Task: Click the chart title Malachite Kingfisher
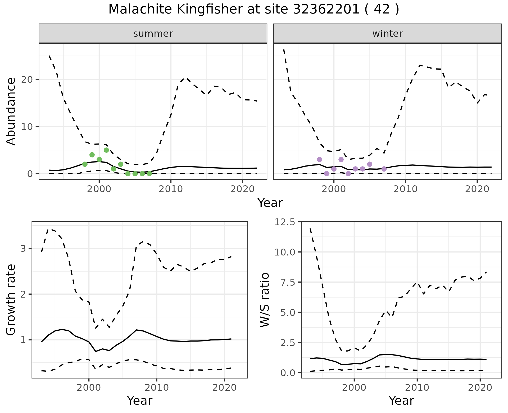coord(253,10)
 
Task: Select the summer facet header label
coord(153,34)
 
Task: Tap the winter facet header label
coord(387,34)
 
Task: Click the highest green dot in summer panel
coord(106,150)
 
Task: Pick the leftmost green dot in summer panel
coord(85,164)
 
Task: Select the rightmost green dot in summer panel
coord(149,174)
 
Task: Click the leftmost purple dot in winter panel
coord(319,159)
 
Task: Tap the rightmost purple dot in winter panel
coord(384,169)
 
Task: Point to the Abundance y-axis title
coord(11,111)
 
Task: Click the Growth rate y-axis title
coord(11,300)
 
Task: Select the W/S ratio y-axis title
coord(265,300)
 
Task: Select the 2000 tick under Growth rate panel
coord(89,388)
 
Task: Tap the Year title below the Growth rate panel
coord(140,401)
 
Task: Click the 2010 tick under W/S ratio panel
coord(417,388)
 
